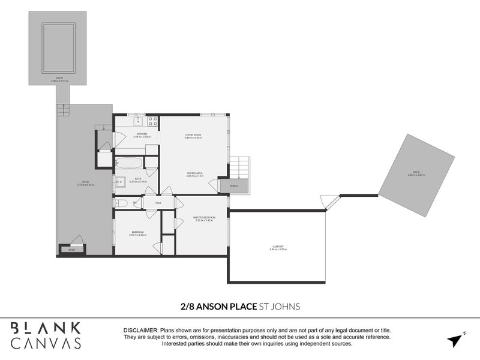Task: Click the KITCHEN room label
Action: click(x=142, y=134)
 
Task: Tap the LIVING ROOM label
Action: click(x=193, y=135)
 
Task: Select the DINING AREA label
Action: click(x=194, y=173)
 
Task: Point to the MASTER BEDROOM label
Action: click(x=204, y=217)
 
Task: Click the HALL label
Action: click(x=159, y=203)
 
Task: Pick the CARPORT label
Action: click(x=278, y=245)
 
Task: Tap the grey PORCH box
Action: click(x=234, y=186)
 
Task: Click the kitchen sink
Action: click(x=137, y=120)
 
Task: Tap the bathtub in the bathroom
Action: click(x=129, y=163)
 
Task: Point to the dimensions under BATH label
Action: click(x=138, y=182)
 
